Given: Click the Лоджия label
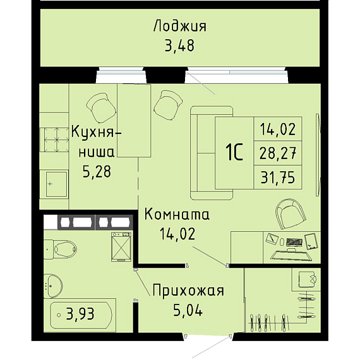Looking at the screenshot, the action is pyautogui.click(x=180, y=26).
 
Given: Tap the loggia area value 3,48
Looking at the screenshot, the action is pyautogui.click(x=180, y=45).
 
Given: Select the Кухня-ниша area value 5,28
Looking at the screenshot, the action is pyautogui.click(x=97, y=172).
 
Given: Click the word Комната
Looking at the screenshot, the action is pyautogui.click(x=177, y=215).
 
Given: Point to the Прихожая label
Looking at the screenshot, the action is pyautogui.click(x=188, y=291).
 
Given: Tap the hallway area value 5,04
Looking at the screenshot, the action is pyautogui.click(x=188, y=309).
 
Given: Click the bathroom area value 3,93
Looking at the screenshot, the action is pyautogui.click(x=80, y=314).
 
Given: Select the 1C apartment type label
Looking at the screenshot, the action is pyautogui.click(x=234, y=153).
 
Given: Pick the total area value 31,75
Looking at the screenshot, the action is pyautogui.click(x=278, y=177).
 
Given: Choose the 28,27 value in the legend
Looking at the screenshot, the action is pyautogui.click(x=278, y=153).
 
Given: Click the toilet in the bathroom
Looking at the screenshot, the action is pyautogui.click(x=60, y=249).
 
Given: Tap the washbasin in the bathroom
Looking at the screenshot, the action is pyautogui.click(x=53, y=286).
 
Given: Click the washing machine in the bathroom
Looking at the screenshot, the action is pyautogui.click(x=121, y=247).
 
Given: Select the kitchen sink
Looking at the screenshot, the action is pyautogui.click(x=56, y=184).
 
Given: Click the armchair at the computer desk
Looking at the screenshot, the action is pyautogui.click(x=291, y=214).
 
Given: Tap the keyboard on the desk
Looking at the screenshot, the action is pyautogui.click(x=294, y=241).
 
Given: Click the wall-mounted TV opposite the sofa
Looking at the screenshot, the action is pyautogui.click(x=318, y=155).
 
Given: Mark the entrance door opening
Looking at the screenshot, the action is pyautogui.click(x=208, y=335).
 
